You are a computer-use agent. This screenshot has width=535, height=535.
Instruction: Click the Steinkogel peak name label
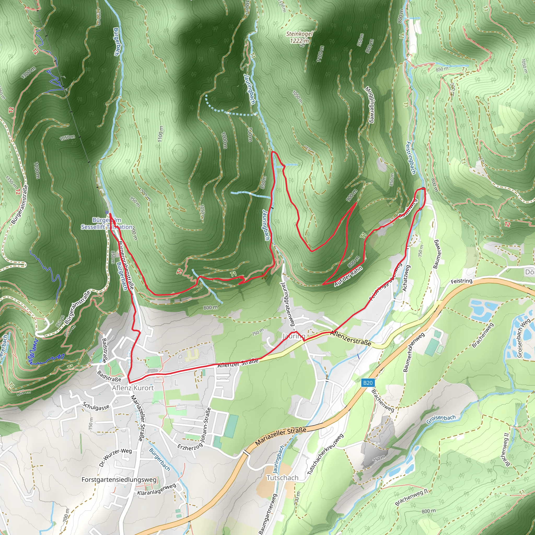pyautogui.click(x=299, y=34)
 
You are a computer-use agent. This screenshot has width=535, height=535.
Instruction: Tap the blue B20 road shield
pyautogui.click(x=368, y=383)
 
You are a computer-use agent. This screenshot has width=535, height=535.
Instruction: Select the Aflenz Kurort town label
pyautogui.click(x=133, y=388)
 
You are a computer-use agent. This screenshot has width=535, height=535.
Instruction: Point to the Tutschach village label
pyautogui.click(x=282, y=478)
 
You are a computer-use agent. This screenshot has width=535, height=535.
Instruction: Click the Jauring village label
pyautogui.click(x=294, y=336)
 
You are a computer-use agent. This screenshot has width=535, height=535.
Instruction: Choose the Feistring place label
pyautogui.click(x=461, y=281)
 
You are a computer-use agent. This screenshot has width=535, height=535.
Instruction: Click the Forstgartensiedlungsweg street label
pyautogui.click(x=119, y=479)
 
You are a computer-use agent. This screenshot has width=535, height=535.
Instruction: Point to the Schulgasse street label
pyautogui.click(x=96, y=406)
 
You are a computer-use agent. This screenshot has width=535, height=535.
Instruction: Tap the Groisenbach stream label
pyautogui.click(x=441, y=419)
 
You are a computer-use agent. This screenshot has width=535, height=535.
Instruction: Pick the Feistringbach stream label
pyautogui.click(x=411, y=158)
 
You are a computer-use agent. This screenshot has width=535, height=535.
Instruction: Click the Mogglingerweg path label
pyautogui.click(x=370, y=105)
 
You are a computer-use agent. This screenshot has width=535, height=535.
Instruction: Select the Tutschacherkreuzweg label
pyautogui.click(x=326, y=454)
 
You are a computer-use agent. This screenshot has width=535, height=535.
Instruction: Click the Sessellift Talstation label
pyautogui.click(x=107, y=227)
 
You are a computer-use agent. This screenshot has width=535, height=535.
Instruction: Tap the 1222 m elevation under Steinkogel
pyautogui.click(x=299, y=41)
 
